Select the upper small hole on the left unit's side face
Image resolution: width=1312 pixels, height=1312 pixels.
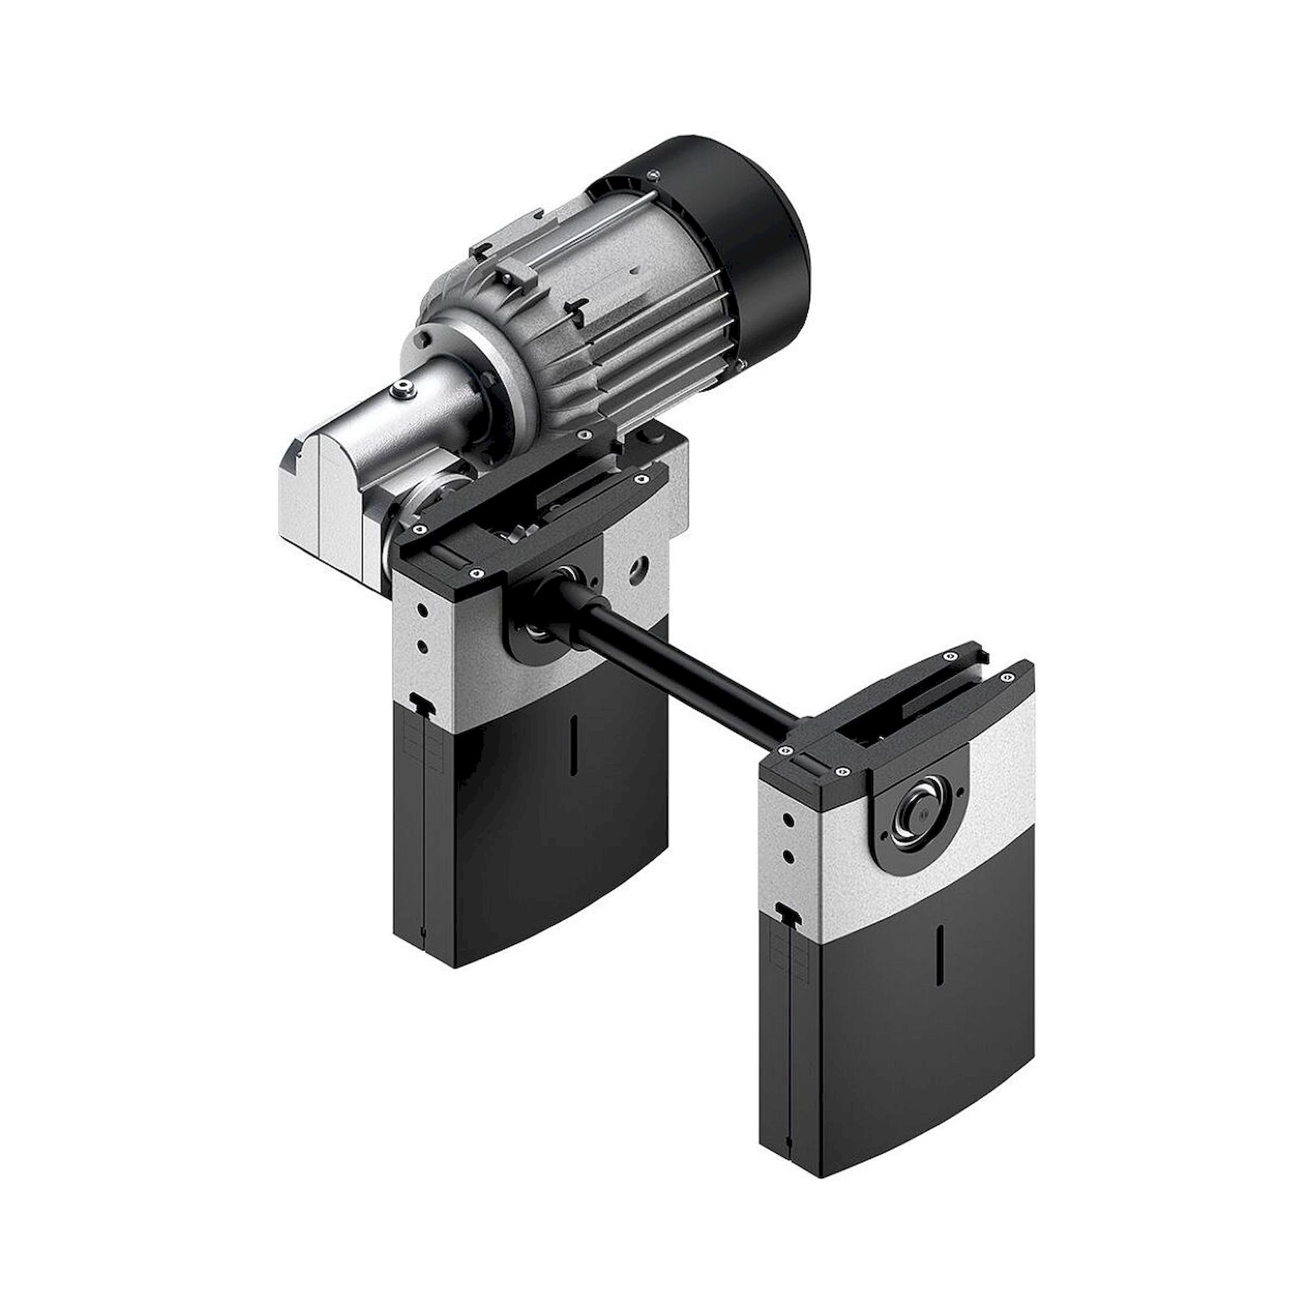[423, 610]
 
